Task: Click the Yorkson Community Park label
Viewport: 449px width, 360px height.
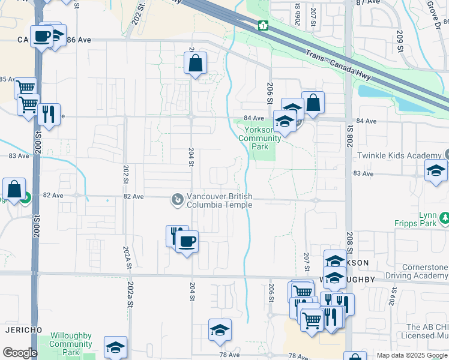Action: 259,139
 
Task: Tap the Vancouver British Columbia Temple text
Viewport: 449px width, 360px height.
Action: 220,200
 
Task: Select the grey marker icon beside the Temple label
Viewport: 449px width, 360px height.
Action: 177,199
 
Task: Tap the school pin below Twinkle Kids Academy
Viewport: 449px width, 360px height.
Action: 436,171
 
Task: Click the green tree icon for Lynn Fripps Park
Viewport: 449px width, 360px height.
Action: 444,217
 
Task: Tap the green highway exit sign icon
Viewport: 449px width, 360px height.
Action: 263,25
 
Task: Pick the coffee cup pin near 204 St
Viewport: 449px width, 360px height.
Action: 186,242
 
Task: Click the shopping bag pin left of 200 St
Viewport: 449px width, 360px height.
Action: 14,190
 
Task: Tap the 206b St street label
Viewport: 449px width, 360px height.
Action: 298,17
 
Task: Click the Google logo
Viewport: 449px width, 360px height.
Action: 20,353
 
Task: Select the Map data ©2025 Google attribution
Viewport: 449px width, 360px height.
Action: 411,355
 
